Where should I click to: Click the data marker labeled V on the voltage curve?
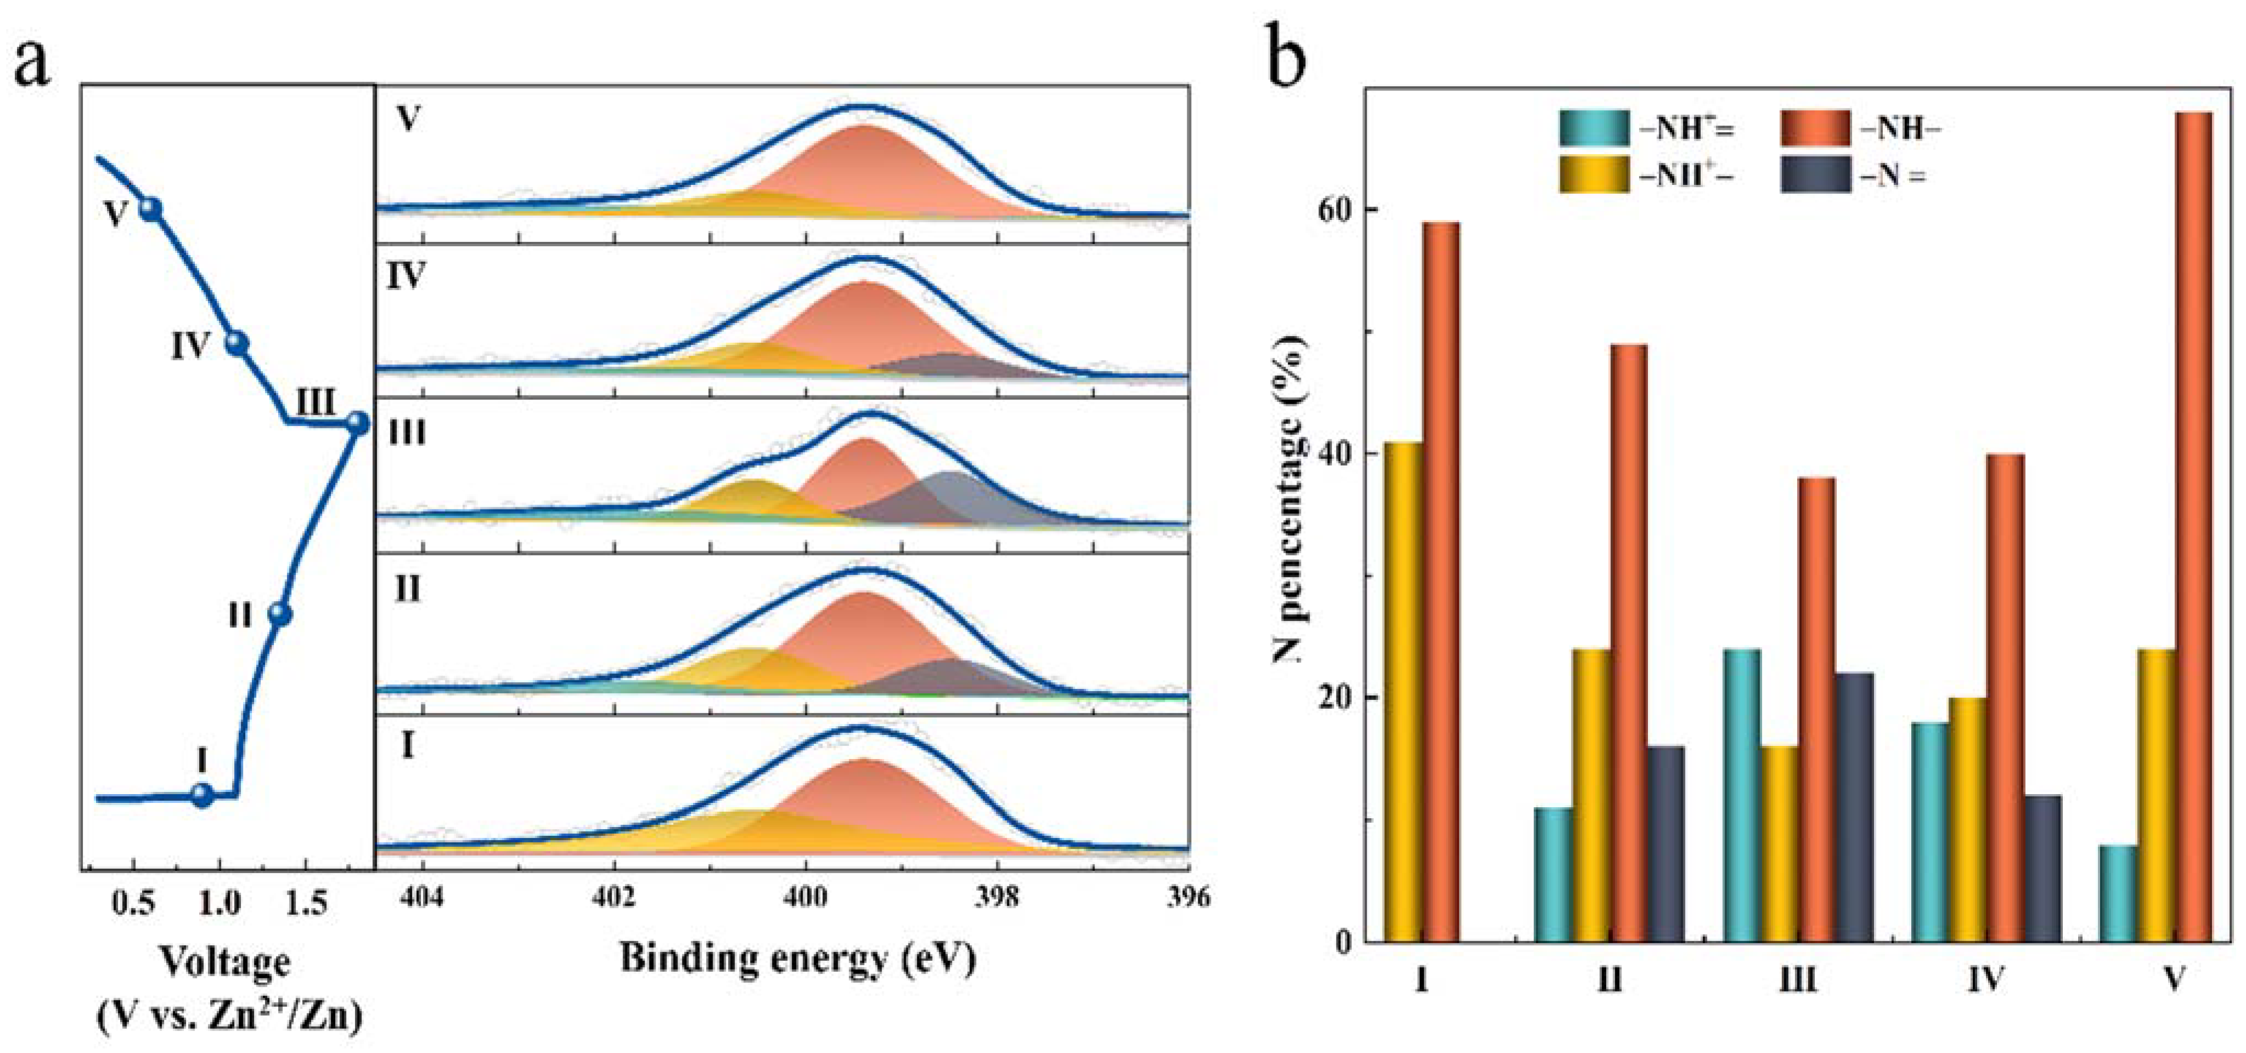click(x=151, y=208)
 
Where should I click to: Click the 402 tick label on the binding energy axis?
click(x=614, y=896)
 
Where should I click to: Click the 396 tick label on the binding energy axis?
click(x=1188, y=896)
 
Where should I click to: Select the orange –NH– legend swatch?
click(x=1814, y=128)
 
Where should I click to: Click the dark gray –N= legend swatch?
click(x=1814, y=175)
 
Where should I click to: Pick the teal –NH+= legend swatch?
click(x=1594, y=128)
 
